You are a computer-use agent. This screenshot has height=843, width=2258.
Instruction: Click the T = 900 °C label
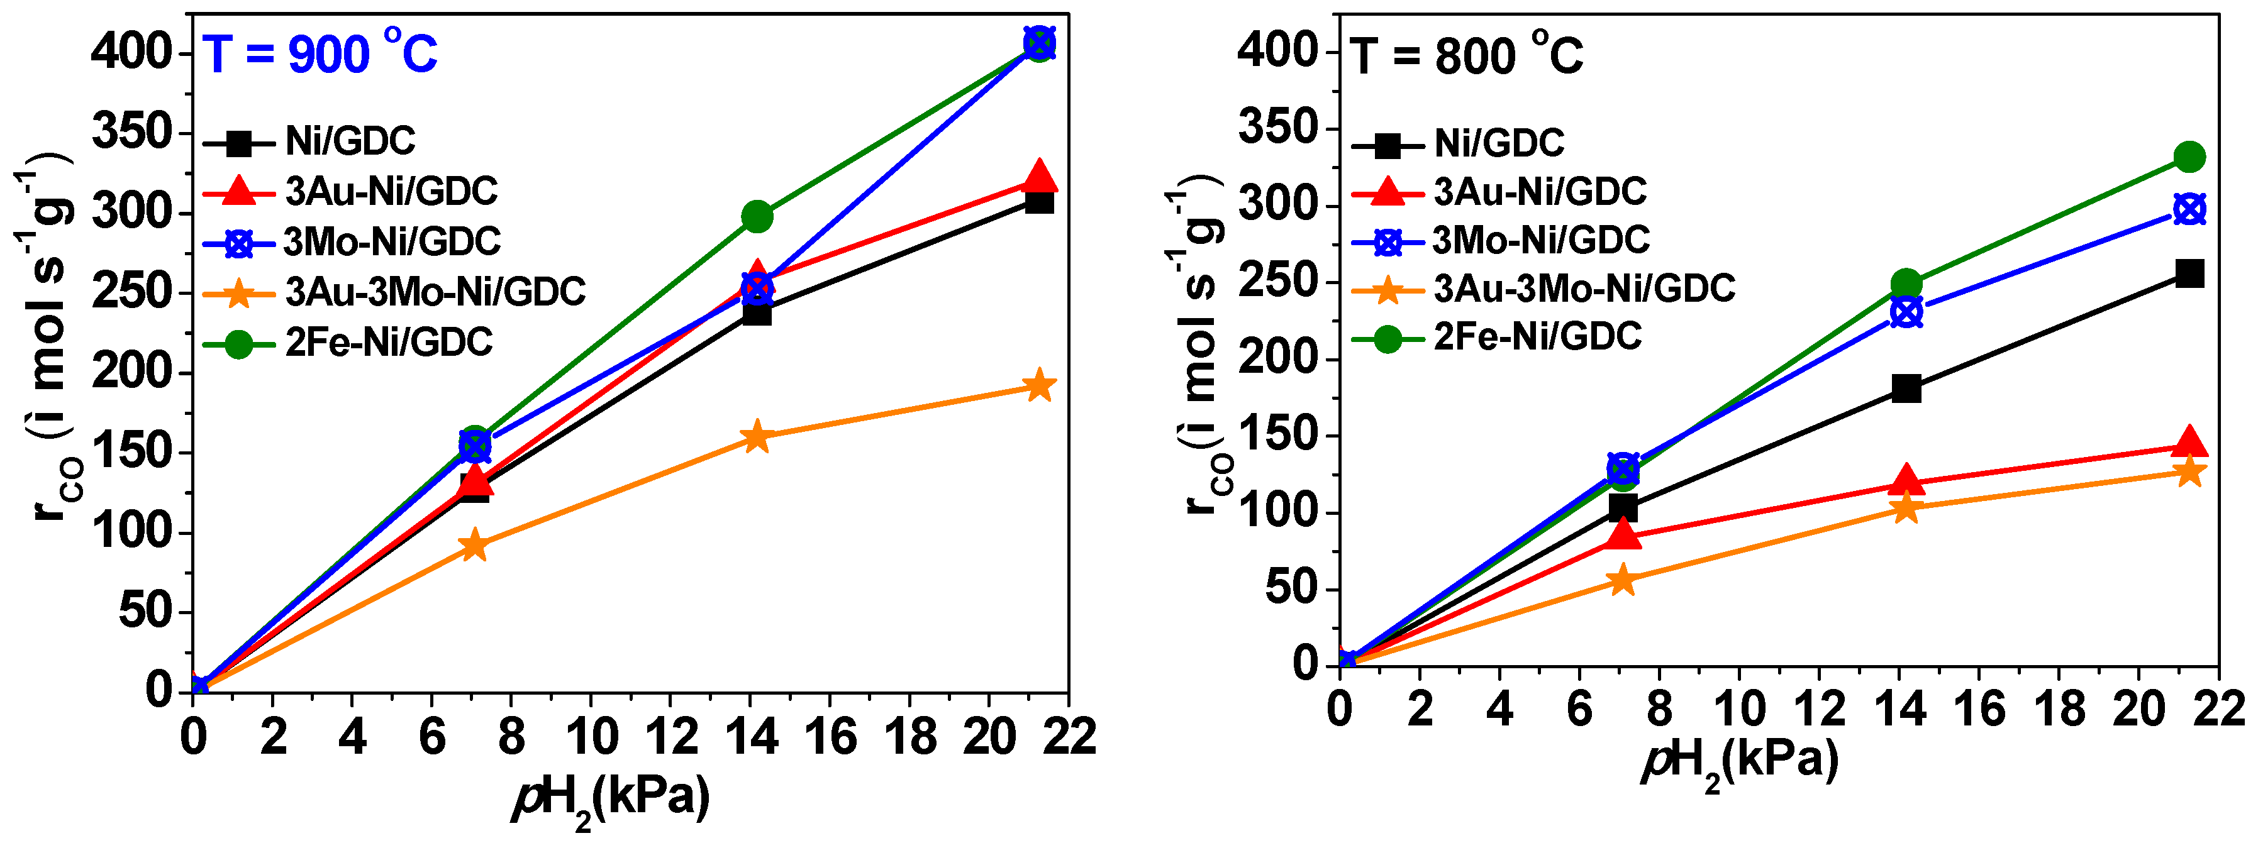point(320,54)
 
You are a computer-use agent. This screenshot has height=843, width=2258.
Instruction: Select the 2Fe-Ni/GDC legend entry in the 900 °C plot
point(388,342)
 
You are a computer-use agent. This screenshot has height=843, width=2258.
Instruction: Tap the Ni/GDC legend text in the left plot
point(350,141)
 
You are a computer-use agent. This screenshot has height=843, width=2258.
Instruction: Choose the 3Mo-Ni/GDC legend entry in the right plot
point(1540,240)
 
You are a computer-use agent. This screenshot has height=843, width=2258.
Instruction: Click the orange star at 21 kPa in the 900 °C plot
point(1038,385)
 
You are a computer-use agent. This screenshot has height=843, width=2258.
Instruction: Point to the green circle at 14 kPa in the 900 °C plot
point(757,216)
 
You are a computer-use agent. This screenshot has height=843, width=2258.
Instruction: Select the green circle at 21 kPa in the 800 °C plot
point(2189,158)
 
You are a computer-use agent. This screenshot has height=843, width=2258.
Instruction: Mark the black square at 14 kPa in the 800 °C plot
point(1906,388)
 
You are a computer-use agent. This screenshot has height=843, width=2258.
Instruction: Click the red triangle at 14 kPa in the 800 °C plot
point(1906,480)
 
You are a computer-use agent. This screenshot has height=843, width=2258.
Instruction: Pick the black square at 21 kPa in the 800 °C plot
point(2189,273)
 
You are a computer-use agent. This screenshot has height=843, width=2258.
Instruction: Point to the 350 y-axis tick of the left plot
point(131,133)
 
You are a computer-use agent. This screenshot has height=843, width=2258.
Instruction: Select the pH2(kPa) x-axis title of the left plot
point(611,798)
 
